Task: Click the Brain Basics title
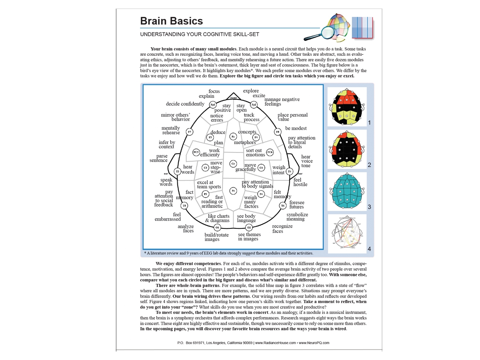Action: coord(171,21)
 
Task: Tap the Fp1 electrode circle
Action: coord(213,105)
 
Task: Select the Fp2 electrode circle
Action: coord(254,105)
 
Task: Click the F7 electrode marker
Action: coord(189,132)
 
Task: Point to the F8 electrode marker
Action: coord(278,132)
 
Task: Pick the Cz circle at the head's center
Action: coord(233,164)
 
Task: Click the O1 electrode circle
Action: coord(217,228)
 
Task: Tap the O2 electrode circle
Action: coord(249,228)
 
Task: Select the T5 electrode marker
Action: coord(184,206)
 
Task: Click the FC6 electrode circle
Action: coord(270,153)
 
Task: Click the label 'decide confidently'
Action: coord(185,104)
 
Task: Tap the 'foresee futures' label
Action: coord(297,205)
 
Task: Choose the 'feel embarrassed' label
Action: coord(168,217)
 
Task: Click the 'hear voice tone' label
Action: coord(306,161)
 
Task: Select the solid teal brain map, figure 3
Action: coord(347,191)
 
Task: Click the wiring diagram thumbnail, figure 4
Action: coord(347,234)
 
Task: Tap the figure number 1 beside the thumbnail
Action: coord(369,123)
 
